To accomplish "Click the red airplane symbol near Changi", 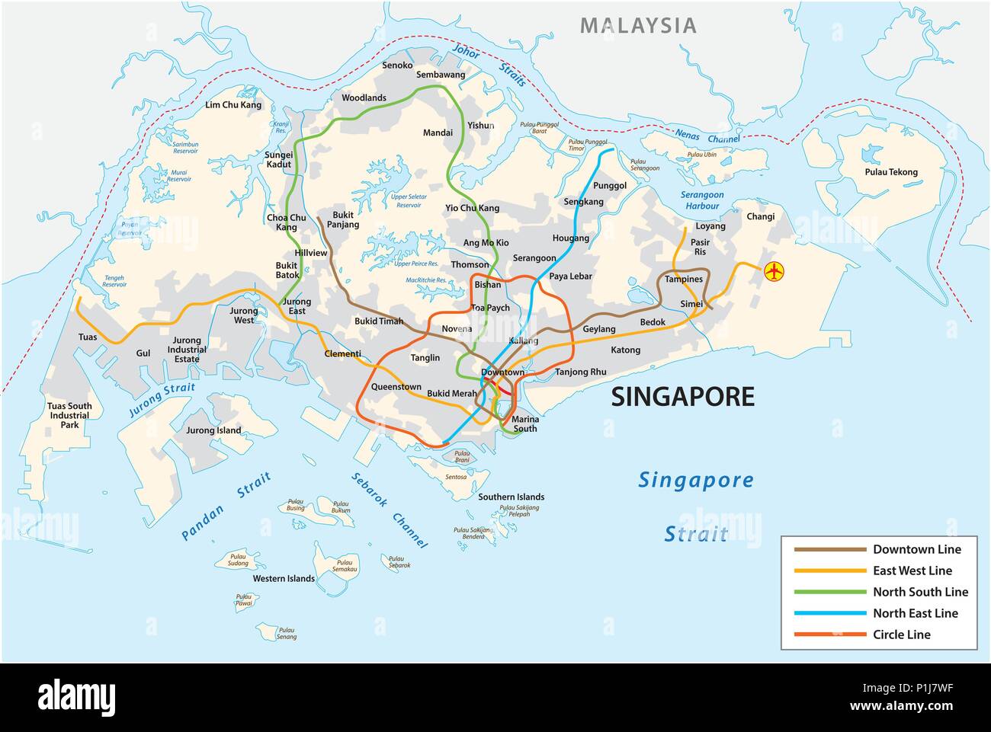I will click(774, 270).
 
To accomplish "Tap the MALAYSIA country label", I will click(638, 25).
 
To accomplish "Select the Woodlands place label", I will click(364, 98).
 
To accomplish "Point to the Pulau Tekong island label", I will click(891, 172).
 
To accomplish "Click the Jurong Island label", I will click(213, 430).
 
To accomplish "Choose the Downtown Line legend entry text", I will click(916, 549).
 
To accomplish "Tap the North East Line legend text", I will click(915, 613).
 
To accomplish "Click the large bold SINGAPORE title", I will click(684, 397).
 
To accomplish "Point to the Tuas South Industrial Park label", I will click(69, 415).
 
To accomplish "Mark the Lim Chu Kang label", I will click(233, 105).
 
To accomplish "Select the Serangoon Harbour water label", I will click(700, 200).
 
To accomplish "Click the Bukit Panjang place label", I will click(343, 220).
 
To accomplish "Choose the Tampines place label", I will click(683, 280).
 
